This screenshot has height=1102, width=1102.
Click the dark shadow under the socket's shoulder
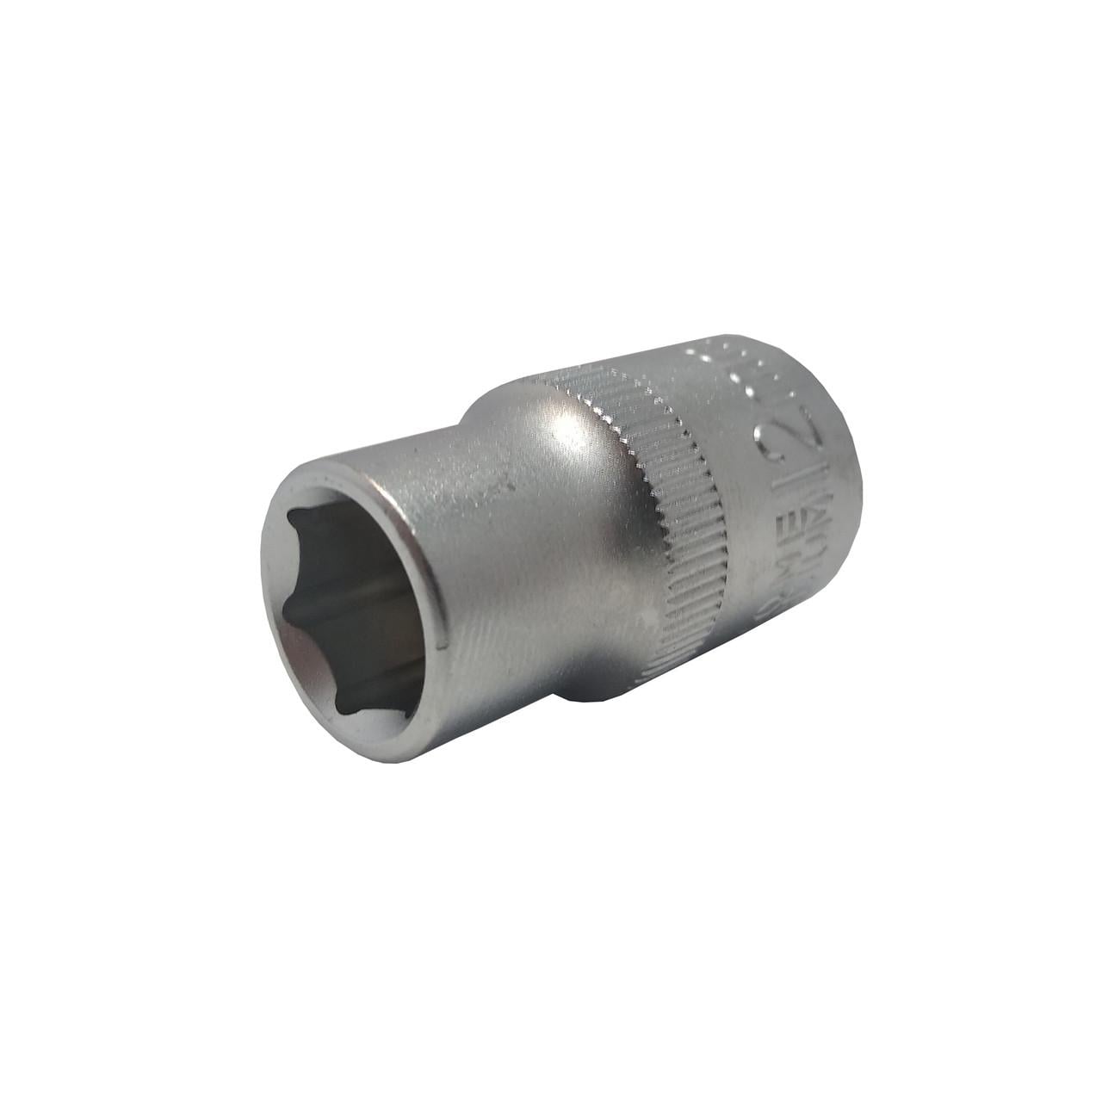(594, 689)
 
